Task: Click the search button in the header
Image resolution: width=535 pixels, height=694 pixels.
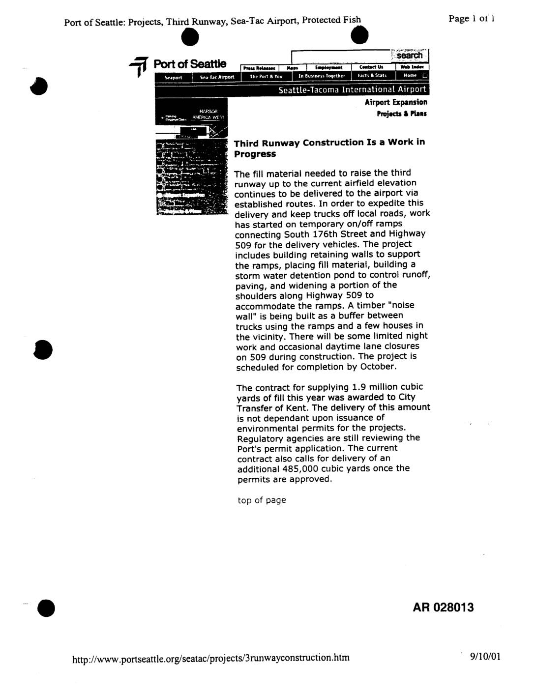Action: pos(410,56)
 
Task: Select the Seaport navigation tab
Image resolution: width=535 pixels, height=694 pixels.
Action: pos(173,77)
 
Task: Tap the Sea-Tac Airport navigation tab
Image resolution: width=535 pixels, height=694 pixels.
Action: pos(217,77)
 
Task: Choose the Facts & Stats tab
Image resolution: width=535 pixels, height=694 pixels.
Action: pos(372,76)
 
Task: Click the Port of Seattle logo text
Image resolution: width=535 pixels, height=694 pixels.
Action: pos(190,64)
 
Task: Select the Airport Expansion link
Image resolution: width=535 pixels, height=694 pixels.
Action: pos(396,102)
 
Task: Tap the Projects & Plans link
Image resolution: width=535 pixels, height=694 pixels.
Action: pos(402,114)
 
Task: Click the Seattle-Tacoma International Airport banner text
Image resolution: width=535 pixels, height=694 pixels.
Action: pos(352,90)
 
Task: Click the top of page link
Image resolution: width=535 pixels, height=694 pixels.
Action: pos(261,500)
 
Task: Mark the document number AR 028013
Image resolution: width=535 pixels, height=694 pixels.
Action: pos(443,607)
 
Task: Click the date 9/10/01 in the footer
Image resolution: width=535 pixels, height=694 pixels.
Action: pos(485,657)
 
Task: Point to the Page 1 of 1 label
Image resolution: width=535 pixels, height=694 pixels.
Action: pos(471,19)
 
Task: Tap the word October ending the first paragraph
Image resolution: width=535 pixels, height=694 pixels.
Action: pos(378,367)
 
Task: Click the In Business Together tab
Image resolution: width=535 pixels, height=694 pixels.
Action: pos(322,76)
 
